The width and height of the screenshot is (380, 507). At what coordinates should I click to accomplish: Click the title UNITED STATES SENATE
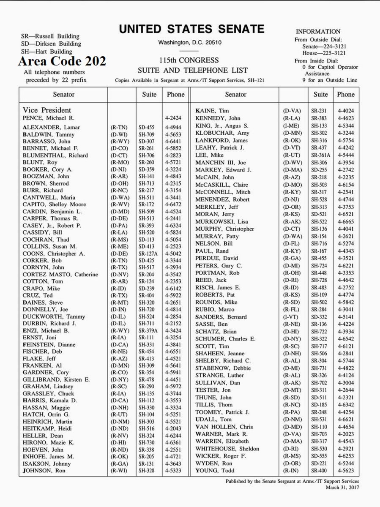(191, 29)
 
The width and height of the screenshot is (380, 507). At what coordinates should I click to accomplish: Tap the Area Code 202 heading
(62, 61)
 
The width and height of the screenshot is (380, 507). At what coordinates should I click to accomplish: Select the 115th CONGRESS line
(189, 60)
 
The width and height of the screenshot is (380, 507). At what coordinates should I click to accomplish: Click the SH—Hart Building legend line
(46, 52)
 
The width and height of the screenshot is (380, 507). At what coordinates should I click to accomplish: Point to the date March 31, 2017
(342, 487)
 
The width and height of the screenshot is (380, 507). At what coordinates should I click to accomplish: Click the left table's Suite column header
(149, 95)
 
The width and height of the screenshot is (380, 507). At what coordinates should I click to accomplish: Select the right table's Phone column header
(346, 95)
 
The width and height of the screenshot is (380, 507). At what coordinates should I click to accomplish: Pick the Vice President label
(47, 110)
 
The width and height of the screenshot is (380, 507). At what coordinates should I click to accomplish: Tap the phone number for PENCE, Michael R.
(173, 117)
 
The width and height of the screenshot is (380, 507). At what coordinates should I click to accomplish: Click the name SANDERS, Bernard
(221, 317)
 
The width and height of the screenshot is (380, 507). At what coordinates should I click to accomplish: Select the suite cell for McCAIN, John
(319, 177)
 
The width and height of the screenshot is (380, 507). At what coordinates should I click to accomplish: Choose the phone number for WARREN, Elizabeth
(346, 441)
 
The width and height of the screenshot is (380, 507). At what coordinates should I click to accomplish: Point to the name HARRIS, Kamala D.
(50, 400)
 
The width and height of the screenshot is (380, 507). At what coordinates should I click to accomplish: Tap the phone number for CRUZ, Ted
(173, 296)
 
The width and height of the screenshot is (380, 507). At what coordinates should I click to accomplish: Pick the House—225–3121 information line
(324, 53)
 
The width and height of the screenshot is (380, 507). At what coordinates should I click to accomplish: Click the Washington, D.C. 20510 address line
(190, 43)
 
